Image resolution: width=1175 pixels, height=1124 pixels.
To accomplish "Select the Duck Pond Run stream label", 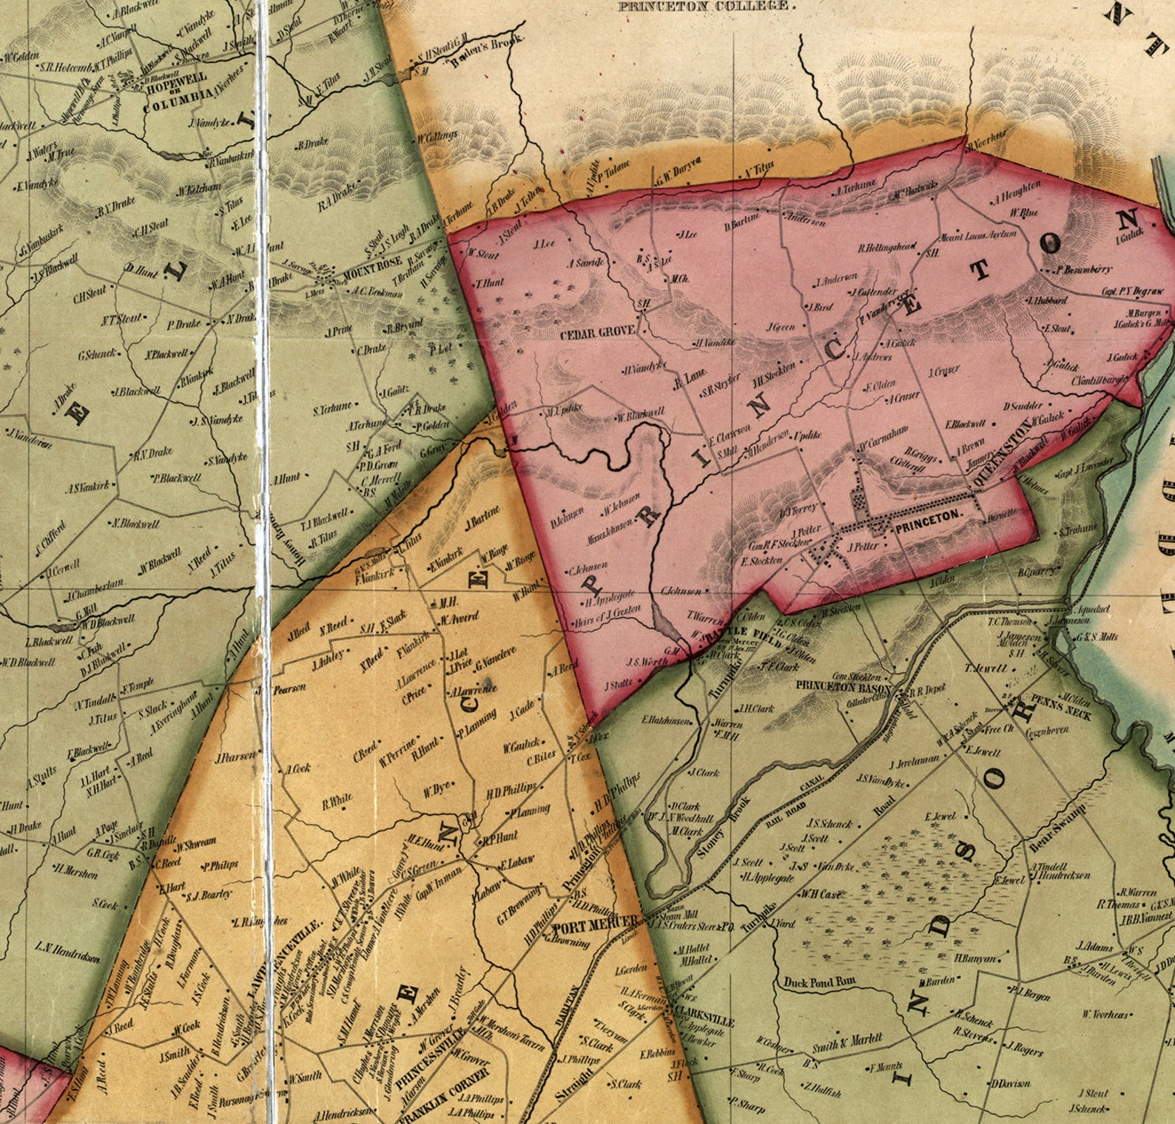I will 819,983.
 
